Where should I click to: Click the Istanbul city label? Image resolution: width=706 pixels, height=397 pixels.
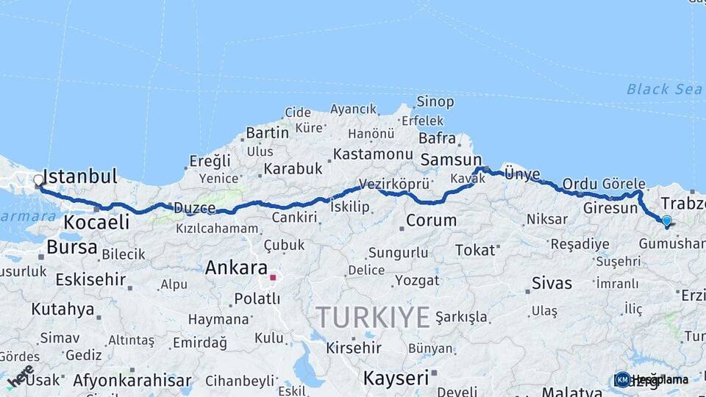[x=80, y=176]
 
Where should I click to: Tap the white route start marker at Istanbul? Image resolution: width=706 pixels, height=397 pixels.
[x=38, y=180]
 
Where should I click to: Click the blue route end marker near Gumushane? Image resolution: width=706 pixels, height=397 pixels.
[x=666, y=221]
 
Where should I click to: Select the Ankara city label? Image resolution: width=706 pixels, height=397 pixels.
[x=235, y=268]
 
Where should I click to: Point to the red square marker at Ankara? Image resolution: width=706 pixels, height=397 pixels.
[x=273, y=278]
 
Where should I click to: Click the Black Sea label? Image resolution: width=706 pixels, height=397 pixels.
[x=654, y=89]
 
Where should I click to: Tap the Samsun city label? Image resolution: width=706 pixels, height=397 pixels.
[x=450, y=160]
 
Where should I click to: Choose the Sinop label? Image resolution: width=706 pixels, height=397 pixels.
[x=435, y=101]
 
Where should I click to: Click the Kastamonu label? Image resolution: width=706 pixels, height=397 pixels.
[x=373, y=154]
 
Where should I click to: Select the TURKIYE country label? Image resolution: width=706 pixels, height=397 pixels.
[x=373, y=317]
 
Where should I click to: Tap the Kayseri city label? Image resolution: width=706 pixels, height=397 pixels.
[x=396, y=378]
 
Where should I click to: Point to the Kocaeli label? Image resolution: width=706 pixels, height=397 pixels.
[x=96, y=222]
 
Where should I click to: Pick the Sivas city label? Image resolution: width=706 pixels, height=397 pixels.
[x=552, y=283]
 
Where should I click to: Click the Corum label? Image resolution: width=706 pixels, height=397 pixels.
[x=431, y=220]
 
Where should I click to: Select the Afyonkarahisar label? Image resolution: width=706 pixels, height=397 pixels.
[x=132, y=381]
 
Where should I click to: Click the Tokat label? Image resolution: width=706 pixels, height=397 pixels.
[x=474, y=250]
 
